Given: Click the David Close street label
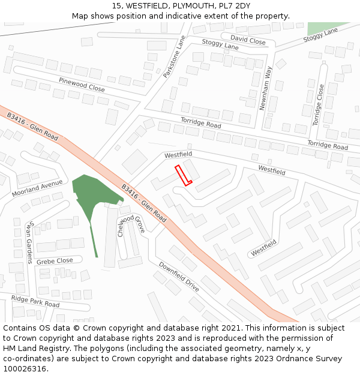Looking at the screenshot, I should pos(248,41).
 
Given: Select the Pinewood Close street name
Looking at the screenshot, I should pos(82,85).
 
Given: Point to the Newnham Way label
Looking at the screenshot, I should pos(265,88).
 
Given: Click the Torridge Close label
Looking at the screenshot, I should pos(317,104).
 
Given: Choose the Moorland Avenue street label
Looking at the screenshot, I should pos(37,188).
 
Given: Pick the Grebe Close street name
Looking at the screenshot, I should pos(55,261).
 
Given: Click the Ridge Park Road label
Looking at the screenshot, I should pos(35,301).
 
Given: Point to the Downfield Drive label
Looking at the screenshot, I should pos(179,277).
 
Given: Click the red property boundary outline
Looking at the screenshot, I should pos(183,175).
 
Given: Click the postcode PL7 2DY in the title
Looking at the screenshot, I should pos(235,5).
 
